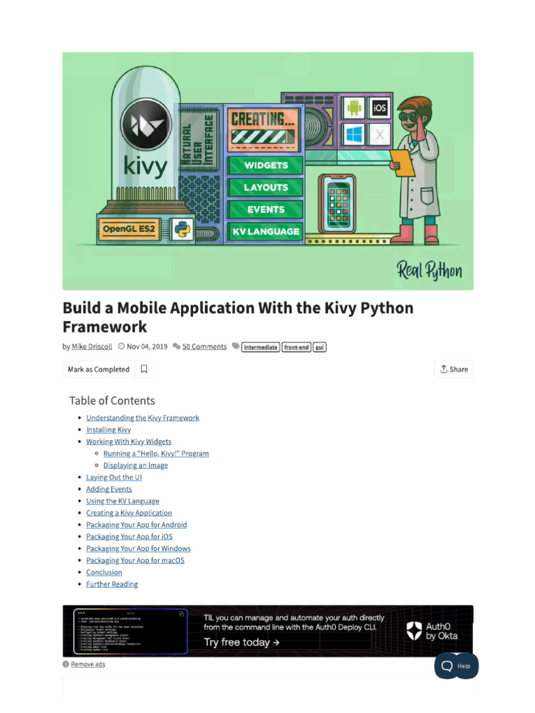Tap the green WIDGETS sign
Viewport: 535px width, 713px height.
coord(265,166)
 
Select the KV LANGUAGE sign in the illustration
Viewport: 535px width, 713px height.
coord(265,231)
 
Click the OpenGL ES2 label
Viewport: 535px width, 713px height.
coord(128,228)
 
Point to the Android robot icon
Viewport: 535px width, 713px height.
coord(355,108)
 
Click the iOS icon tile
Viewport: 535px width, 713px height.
coord(379,108)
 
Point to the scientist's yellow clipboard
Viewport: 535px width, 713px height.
coord(401,162)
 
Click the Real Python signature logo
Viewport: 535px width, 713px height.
coord(429,270)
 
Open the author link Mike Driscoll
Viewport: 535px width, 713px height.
coord(92,347)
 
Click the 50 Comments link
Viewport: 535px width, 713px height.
coord(204,347)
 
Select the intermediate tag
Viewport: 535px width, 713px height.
coord(261,347)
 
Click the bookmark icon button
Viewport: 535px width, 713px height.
coord(144,369)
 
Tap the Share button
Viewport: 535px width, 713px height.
coord(453,369)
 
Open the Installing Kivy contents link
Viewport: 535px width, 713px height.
coord(108,430)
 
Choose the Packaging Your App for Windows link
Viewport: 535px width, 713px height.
coord(138,549)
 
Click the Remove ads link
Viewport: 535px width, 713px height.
coord(88,664)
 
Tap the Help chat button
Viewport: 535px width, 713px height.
coord(457,666)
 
